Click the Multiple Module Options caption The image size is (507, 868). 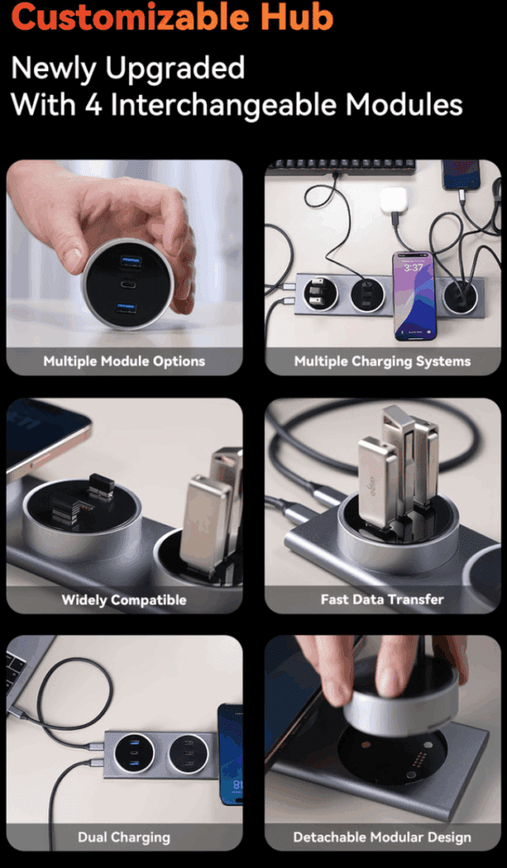(125, 361)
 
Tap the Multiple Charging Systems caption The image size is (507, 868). (382, 361)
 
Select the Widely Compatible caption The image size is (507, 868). (124, 599)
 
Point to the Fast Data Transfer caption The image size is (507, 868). (382, 599)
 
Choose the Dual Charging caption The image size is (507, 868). (124, 837)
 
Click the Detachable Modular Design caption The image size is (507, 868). (382, 837)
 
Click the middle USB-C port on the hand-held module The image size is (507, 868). (130, 284)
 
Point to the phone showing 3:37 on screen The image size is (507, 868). (414, 294)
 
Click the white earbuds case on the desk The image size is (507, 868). (393, 200)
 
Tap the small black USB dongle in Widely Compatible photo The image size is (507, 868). (100, 486)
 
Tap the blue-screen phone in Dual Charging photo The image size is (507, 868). (230, 754)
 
